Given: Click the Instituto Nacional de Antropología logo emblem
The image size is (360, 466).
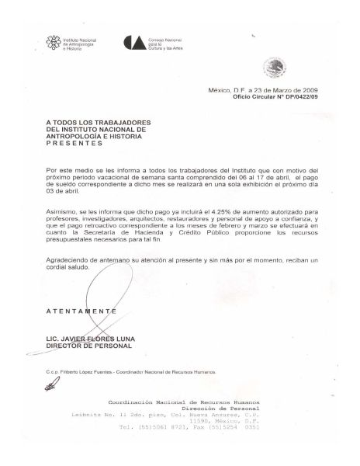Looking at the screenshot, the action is tap(53, 42).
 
